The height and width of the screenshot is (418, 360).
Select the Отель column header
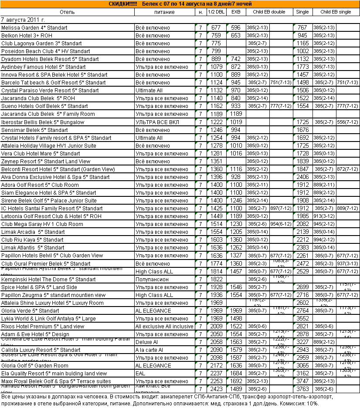67,12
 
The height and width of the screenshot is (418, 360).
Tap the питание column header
164,12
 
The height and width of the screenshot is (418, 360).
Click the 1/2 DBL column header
216,12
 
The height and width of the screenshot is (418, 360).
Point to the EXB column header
236,12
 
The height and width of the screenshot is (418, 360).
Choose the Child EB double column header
269,12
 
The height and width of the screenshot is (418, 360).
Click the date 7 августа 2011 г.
23,20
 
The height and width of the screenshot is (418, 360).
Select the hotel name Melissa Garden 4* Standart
34,28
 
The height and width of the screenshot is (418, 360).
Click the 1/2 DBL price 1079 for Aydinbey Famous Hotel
216,67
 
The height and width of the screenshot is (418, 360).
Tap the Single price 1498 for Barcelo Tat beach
302,83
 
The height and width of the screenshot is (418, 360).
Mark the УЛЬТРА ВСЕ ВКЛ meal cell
156,122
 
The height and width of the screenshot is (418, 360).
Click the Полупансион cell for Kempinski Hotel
152,280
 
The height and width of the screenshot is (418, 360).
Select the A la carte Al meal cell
149,350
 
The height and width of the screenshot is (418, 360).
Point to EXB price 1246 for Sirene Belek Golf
236,201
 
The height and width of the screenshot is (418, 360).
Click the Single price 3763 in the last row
302,389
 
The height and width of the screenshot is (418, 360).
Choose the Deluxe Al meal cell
147,342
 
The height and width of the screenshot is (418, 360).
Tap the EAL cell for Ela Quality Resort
140,374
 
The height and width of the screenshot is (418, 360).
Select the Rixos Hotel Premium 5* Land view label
43,327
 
